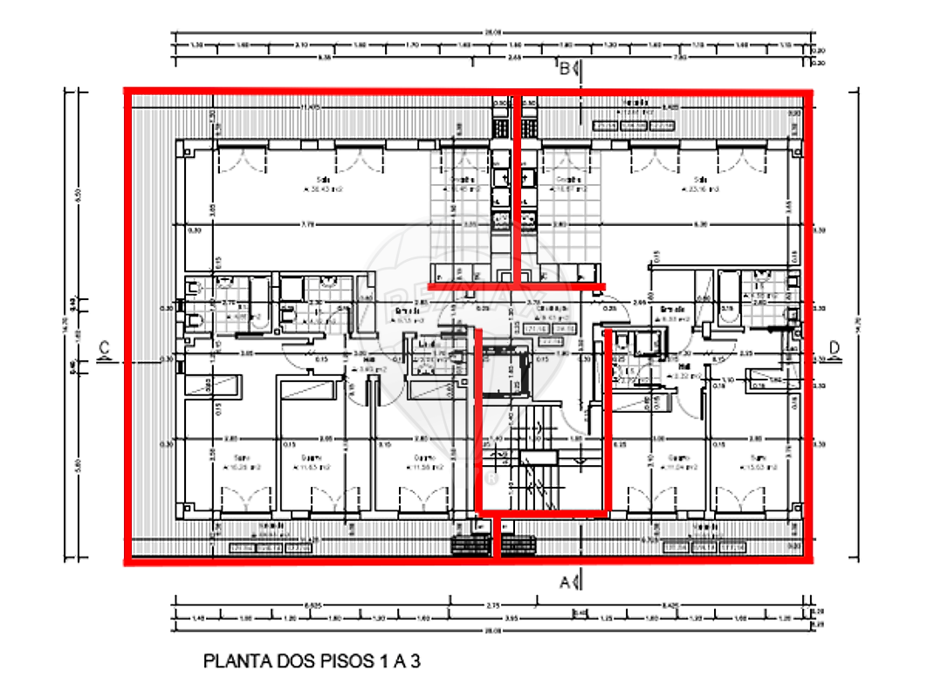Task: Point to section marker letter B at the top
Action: [566, 68]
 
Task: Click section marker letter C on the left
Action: [103, 349]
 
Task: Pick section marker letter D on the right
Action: [834, 349]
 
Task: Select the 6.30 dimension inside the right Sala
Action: [701, 224]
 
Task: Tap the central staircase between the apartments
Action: [532, 454]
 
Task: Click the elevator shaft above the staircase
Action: [507, 371]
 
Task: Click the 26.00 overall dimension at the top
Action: [493, 32]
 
